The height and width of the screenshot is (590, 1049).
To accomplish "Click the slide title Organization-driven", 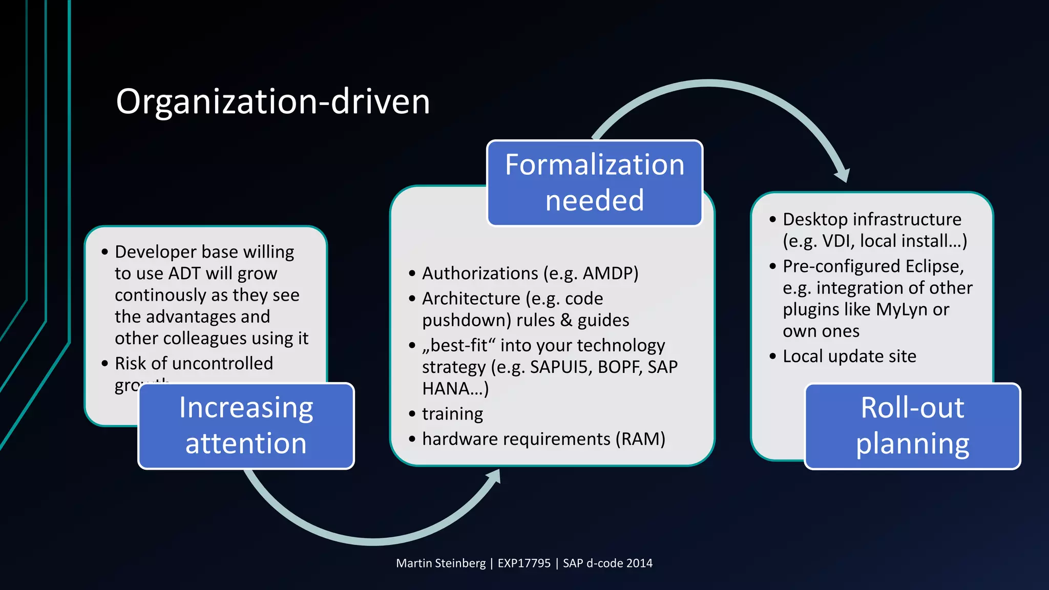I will [272, 101].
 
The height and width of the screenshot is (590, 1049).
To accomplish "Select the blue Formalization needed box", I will [594, 182].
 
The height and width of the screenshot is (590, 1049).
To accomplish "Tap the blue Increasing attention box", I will [246, 426].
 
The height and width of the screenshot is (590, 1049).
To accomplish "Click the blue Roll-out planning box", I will [912, 426].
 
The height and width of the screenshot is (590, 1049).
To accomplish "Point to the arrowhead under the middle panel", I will [494, 477].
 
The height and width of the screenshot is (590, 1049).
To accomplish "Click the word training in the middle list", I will [452, 414].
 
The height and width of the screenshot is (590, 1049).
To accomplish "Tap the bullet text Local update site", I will [849, 356].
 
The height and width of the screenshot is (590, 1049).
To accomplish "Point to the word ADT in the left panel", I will [184, 273].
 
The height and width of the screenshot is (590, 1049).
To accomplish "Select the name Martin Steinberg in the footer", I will [440, 563].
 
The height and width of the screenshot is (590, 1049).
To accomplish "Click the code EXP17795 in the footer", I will [524, 563].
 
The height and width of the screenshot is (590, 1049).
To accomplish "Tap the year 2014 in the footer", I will [639, 563].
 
